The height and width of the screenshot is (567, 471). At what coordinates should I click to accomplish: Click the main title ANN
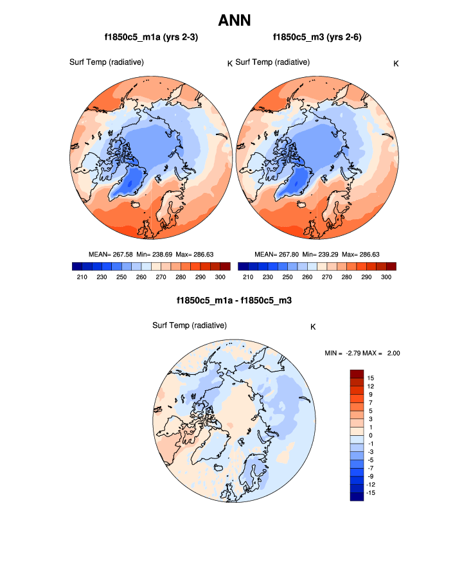pos(235,21)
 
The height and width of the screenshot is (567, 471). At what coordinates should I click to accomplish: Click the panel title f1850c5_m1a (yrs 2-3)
pos(151,38)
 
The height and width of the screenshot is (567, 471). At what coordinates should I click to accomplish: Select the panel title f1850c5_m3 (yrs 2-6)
pos(317,38)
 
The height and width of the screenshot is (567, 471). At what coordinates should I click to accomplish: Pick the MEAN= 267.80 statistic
pos(278,254)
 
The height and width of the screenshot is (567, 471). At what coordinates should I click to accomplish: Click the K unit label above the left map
pos(229,63)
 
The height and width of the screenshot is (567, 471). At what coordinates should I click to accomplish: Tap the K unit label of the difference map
pos(313,327)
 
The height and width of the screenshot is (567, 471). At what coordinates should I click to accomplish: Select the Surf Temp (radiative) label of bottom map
pos(190,325)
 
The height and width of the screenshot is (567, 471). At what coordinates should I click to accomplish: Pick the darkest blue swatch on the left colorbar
pos(76,266)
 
